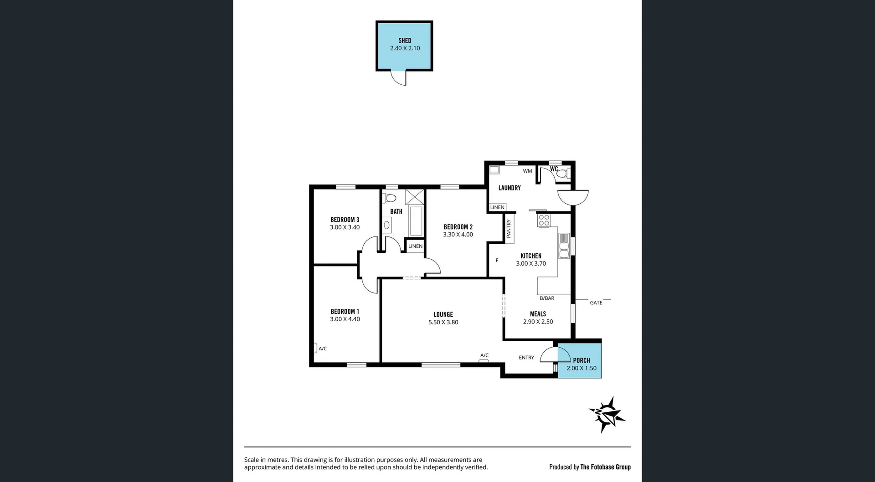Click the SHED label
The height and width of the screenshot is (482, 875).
tap(405, 41)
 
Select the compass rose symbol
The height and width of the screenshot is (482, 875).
tap(607, 415)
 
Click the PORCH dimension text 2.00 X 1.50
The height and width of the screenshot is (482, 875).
tap(581, 368)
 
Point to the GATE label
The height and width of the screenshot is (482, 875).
tap(596, 303)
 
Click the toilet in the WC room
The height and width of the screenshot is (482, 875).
tap(563, 173)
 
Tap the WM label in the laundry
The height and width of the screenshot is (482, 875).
tap(527, 171)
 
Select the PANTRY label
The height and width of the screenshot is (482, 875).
tap(509, 229)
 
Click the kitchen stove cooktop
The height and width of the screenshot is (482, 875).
tap(544, 220)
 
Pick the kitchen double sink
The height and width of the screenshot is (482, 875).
tap(564, 246)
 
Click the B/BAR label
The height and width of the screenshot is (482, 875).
tap(547, 298)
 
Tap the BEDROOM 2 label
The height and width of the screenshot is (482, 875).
tap(458, 227)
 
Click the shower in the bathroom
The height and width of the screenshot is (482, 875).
tap(414, 197)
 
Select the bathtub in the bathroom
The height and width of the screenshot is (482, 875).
tap(416, 221)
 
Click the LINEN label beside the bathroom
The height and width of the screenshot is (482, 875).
tap(415, 246)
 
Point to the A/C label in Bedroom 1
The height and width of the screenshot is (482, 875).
tap(323, 349)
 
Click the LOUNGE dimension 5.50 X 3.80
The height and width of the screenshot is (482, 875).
tap(443, 322)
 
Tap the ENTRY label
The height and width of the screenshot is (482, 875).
tap(526, 358)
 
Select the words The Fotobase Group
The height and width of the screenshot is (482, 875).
tap(605, 467)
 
